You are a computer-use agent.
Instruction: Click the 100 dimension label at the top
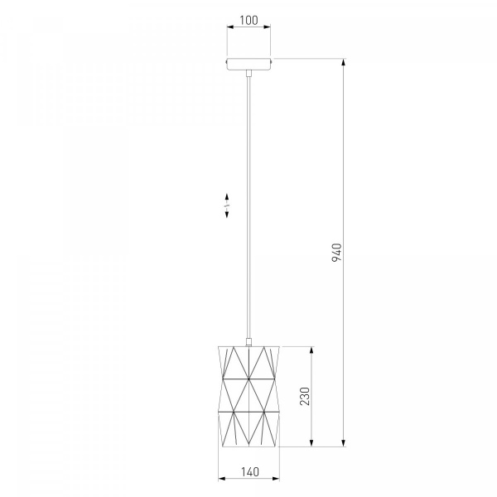(x=248, y=20)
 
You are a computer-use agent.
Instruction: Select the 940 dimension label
(x=337, y=253)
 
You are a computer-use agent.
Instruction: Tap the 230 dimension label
(x=305, y=396)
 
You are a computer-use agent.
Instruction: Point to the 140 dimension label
(x=250, y=472)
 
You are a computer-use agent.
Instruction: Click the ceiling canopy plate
(x=248, y=64)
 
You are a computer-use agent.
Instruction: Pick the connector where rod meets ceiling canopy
(x=248, y=73)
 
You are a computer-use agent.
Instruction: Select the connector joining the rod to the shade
(x=248, y=343)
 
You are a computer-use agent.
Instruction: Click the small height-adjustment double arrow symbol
(x=227, y=205)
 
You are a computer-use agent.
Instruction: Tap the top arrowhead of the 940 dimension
(x=344, y=62)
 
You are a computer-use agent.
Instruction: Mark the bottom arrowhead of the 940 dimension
(x=344, y=443)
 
